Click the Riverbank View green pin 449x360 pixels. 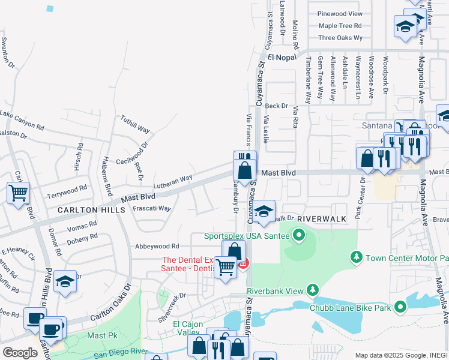pyautogui.click(x=312, y=291)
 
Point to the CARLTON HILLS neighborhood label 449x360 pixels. pyautogui.click(x=91, y=210)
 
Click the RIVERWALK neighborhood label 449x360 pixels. pyautogui.click(x=321, y=219)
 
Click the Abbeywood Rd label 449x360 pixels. pyautogui.click(x=157, y=246)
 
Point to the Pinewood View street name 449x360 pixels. pyautogui.click(x=340, y=14)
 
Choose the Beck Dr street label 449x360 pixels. pyautogui.click(x=277, y=106)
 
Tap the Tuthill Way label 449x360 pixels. pyautogui.click(x=135, y=124)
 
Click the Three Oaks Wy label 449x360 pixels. pyautogui.click(x=340, y=38)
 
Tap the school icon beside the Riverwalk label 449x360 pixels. pyautogui.click(x=263, y=211)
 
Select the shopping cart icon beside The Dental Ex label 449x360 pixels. pyautogui.click(x=226, y=268)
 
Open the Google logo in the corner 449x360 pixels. pyautogui.click(x=20, y=353)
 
